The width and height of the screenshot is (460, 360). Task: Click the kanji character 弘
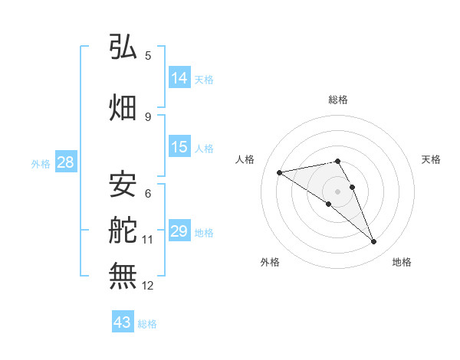point(123,48)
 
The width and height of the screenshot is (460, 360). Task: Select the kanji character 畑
point(123,106)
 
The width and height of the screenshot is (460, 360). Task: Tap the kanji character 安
point(123,183)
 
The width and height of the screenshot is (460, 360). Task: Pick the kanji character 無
point(123,275)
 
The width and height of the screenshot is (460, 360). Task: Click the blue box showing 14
point(179,78)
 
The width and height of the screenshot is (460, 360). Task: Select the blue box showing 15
point(179,147)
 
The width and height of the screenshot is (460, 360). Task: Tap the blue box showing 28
point(65,162)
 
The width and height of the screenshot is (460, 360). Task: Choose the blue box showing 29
point(179,231)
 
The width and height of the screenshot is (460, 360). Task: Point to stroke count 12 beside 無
point(148,286)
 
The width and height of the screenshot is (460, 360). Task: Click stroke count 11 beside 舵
point(148,240)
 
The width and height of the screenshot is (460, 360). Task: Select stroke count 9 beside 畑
point(148,116)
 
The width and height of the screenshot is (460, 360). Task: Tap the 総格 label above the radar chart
point(338,100)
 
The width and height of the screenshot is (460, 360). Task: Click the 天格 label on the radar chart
point(431,159)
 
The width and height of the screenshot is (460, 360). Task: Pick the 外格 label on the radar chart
point(270,262)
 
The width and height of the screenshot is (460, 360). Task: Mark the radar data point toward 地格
point(373,242)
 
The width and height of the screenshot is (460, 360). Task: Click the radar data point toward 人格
point(279,172)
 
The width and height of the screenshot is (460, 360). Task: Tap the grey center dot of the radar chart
point(337,191)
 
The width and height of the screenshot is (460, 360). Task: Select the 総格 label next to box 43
point(147,324)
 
